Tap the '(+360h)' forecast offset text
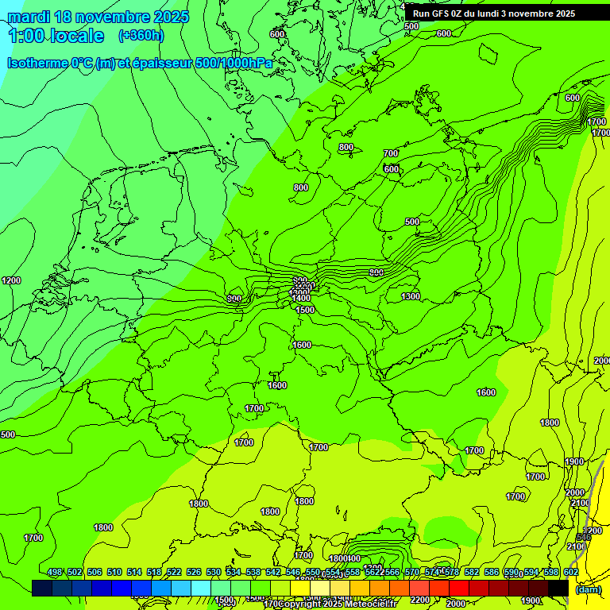pyautogui.click(x=141, y=35)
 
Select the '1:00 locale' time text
pyautogui.click(x=56, y=36)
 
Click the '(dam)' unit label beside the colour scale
pyautogui.click(x=587, y=589)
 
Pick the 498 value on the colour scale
pyautogui.click(x=55, y=572)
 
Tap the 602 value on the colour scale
pyautogui.click(x=570, y=572)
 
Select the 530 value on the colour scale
pyautogui.click(x=214, y=572)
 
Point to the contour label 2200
pyautogui.click(x=420, y=600)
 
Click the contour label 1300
pyautogui.click(x=411, y=296)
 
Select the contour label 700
pyautogui.click(x=391, y=153)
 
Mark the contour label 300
pyautogui.click(x=234, y=299)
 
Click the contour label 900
pyautogui.click(x=376, y=272)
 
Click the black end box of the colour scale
pyautogui.click(x=558, y=588)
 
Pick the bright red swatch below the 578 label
pyautogui.click(x=459, y=588)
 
